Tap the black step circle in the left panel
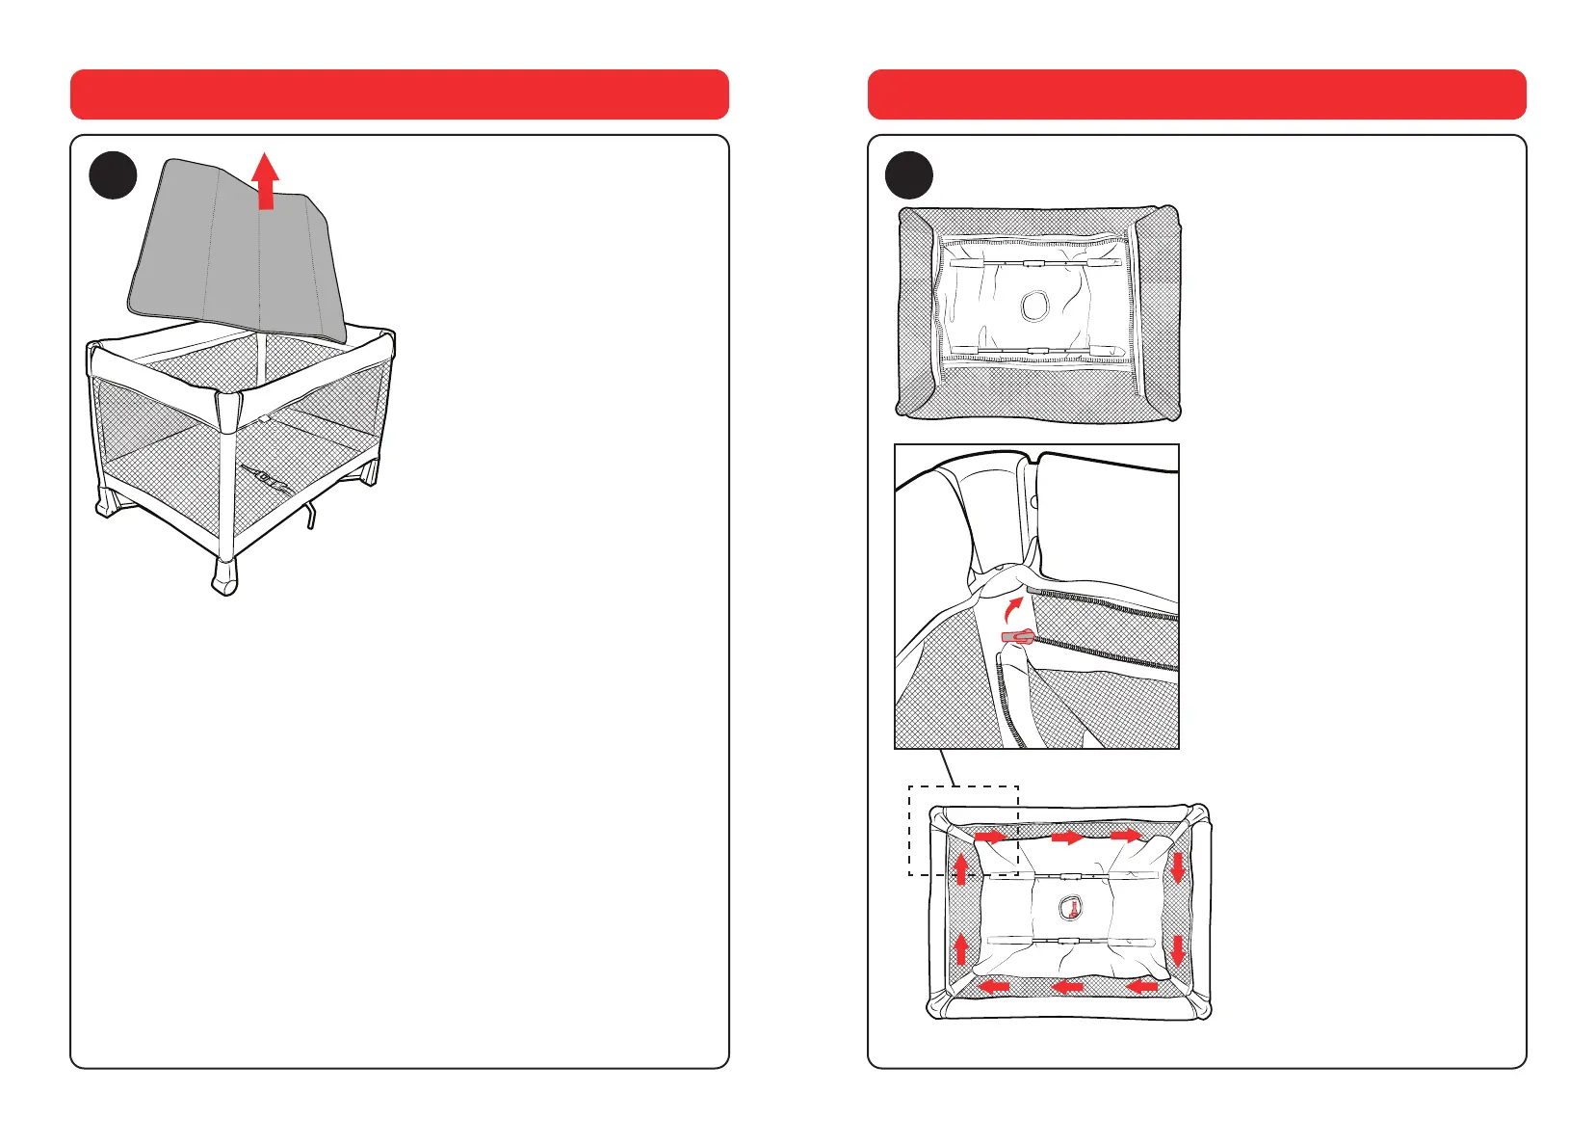113,175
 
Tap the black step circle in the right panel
909,175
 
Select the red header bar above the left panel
399,93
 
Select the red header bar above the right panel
1196,93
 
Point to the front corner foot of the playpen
224,576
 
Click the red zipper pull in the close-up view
1017,636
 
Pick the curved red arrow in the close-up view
1010,609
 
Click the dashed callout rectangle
963,830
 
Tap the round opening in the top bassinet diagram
1035,306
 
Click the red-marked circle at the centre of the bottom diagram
1070,907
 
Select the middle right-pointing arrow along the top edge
1066,838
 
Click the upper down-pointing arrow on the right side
1176,868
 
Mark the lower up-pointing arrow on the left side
960,948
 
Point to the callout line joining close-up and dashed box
949,767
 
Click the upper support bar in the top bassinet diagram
1034,262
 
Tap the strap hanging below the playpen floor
310,516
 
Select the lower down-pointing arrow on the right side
1176,950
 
